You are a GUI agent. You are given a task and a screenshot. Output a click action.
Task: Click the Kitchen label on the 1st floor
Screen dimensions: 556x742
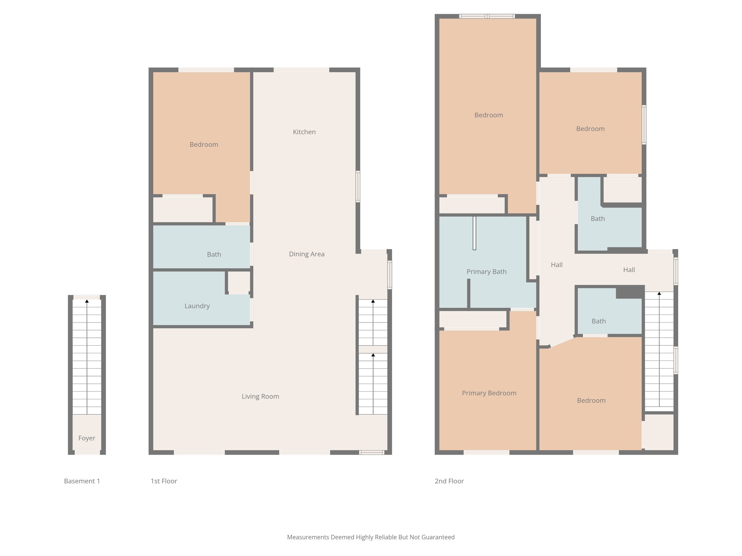pyautogui.click(x=304, y=132)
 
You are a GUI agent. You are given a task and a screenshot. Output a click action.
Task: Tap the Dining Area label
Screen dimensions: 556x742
pyautogui.click(x=307, y=254)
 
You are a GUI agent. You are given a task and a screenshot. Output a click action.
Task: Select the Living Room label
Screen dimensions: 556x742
pyautogui.click(x=260, y=396)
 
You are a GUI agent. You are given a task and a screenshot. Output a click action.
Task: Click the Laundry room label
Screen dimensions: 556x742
pyautogui.click(x=197, y=306)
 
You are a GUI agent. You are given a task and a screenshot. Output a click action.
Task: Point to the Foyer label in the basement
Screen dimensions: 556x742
pyautogui.click(x=87, y=438)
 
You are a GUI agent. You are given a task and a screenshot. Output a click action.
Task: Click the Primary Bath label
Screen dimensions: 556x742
pyautogui.click(x=486, y=272)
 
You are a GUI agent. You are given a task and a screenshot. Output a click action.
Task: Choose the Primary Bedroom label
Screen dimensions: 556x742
pyautogui.click(x=489, y=393)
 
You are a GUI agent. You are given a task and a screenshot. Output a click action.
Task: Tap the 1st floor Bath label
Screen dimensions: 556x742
pyautogui.click(x=214, y=254)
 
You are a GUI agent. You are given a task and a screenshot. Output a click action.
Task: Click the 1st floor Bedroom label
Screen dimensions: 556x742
pyautogui.click(x=204, y=144)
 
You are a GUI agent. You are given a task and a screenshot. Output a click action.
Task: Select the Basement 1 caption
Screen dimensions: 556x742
pyautogui.click(x=82, y=481)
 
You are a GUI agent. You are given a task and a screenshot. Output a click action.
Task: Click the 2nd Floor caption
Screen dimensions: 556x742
pyautogui.click(x=449, y=481)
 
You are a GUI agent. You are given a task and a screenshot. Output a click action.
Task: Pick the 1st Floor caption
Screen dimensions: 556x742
pyautogui.click(x=164, y=481)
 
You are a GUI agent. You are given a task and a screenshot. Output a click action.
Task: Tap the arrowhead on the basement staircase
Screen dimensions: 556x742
pyautogui.click(x=87, y=301)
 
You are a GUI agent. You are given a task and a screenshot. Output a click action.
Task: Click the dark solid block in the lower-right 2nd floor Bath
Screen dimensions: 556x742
pyautogui.click(x=630, y=292)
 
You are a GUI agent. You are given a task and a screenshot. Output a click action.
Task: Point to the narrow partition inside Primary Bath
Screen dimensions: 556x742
pyautogui.click(x=474, y=233)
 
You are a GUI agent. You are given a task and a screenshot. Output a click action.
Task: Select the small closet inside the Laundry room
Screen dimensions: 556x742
pyautogui.click(x=239, y=282)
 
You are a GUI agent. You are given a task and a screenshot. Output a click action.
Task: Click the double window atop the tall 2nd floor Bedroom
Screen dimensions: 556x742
pyautogui.click(x=487, y=16)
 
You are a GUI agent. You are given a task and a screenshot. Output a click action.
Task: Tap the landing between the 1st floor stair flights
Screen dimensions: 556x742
pyautogui.click(x=373, y=349)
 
